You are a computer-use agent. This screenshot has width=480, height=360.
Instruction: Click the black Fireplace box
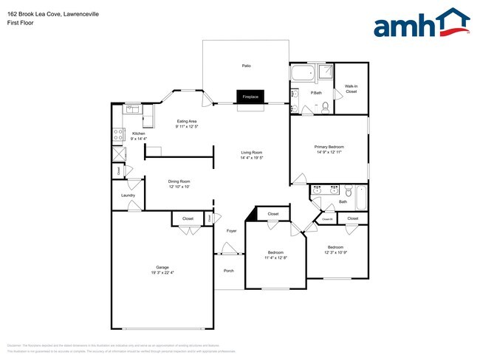click(250, 97)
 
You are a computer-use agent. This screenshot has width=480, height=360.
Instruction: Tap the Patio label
click(247, 66)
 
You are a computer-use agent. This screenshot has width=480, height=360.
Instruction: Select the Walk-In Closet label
click(351, 89)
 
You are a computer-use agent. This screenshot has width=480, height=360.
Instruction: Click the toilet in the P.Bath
click(326, 108)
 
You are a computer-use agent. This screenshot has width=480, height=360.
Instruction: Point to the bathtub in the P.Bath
click(304, 74)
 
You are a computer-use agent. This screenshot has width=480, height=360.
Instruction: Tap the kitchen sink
click(132, 109)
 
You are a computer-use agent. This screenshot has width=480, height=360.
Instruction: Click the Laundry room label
click(127, 195)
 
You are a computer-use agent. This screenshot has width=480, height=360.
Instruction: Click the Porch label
click(229, 271)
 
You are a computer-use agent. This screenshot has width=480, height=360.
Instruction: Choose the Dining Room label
click(179, 181)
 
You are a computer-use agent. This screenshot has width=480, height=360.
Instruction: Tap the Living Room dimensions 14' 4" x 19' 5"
click(252, 158)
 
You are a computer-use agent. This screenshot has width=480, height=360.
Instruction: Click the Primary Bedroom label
click(329, 147)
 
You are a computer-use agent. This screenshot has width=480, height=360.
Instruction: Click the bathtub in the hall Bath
click(362, 196)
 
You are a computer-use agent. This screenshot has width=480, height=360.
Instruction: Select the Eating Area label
click(186, 121)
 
